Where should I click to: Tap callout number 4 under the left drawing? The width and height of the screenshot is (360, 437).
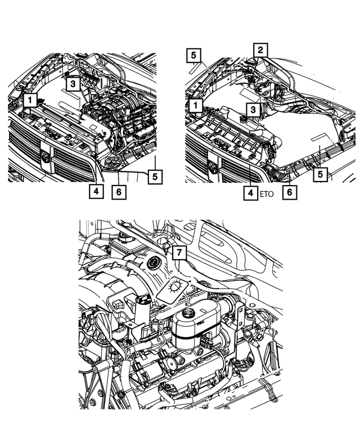pos(96,191)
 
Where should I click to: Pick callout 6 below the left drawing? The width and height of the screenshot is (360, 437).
pos(119,191)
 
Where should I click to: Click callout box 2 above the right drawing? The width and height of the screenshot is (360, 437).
pos(260,50)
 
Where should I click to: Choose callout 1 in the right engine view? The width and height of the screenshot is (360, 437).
pos(196,105)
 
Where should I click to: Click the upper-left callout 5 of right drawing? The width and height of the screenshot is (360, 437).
pos(193,55)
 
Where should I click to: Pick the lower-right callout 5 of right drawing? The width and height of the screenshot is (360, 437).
pos(320,175)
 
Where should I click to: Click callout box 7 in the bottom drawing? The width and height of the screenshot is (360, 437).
pos(178,254)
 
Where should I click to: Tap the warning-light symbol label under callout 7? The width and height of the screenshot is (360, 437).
pos(173,289)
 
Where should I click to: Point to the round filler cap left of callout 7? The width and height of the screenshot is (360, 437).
pos(152,264)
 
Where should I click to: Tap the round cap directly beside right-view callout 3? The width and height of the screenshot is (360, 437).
pos(244,119)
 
